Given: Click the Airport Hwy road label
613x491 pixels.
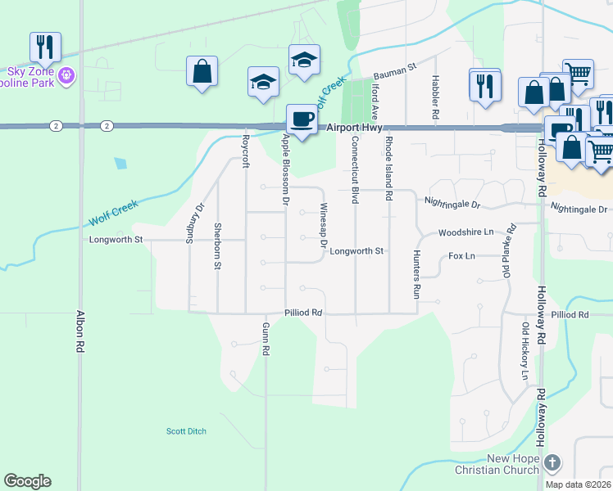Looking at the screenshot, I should coord(354,128).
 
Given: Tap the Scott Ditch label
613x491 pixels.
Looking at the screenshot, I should coord(186,431).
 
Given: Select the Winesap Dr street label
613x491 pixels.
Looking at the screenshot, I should coord(323,226).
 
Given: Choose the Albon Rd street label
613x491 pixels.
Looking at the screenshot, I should coord(80,331).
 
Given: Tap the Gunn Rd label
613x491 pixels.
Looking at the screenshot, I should coord(266,339).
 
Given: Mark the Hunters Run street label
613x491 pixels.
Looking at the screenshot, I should coord(416,273).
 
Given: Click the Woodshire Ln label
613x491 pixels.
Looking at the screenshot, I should coord(465,232).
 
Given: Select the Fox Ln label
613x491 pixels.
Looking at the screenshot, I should coord(461,256).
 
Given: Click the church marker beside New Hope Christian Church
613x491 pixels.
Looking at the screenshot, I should coord(552,463).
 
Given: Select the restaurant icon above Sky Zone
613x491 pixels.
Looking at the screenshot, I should coord(44,47).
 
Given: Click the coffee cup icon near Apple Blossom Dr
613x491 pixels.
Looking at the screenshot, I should coord(302,119).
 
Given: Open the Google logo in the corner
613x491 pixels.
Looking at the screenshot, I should coord(27,481).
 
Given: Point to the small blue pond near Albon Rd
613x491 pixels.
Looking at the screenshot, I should coord(121,163).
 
